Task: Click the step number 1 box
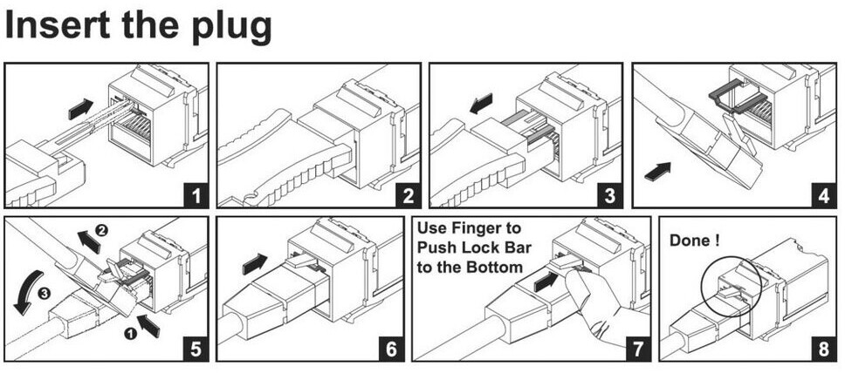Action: [x=195, y=194]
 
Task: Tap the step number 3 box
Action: [x=608, y=194]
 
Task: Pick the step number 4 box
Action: [x=821, y=194]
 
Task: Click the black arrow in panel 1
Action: [x=81, y=109]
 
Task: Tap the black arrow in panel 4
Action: [x=657, y=171]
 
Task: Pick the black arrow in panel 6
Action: [x=254, y=262]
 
